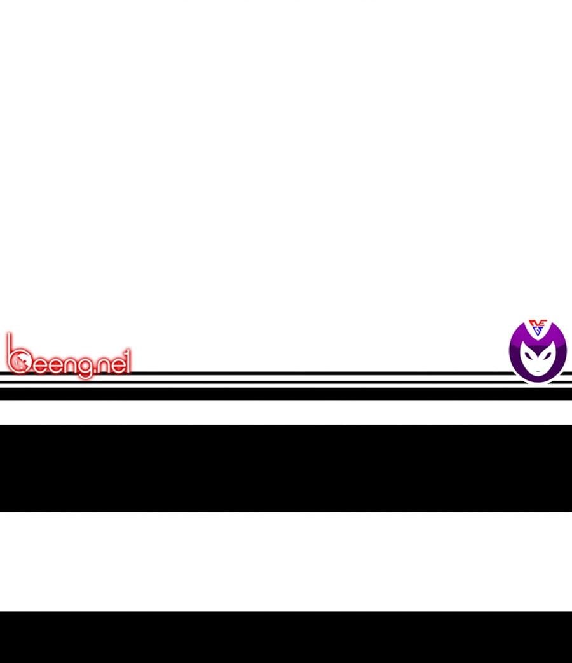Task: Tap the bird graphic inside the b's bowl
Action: pyautogui.click(x=19, y=362)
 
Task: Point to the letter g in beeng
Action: pyautogui.click(x=84, y=367)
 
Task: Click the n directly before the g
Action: pyautogui.click(x=69, y=366)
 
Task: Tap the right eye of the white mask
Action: pyautogui.click(x=547, y=354)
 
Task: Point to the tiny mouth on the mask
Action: pyautogui.click(x=538, y=371)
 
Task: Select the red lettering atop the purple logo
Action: pyautogui.click(x=538, y=324)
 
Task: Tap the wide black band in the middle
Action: pyautogui.click(x=286, y=468)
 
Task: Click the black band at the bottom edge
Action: pyautogui.click(x=286, y=637)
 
